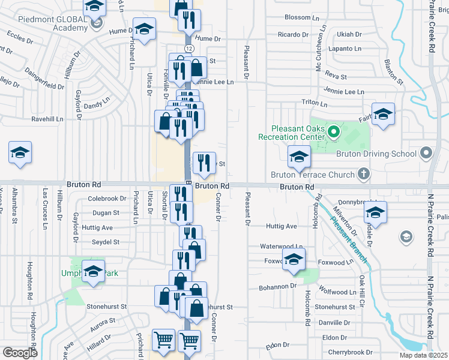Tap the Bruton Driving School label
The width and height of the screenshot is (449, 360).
click(383, 154)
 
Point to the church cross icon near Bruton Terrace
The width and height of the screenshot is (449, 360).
click(363, 175)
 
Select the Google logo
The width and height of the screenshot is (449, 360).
click(20, 353)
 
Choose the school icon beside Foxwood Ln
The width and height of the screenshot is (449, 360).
click(294, 259)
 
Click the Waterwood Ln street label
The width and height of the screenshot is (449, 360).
click(281, 246)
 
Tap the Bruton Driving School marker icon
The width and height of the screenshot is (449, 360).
click(426, 153)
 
